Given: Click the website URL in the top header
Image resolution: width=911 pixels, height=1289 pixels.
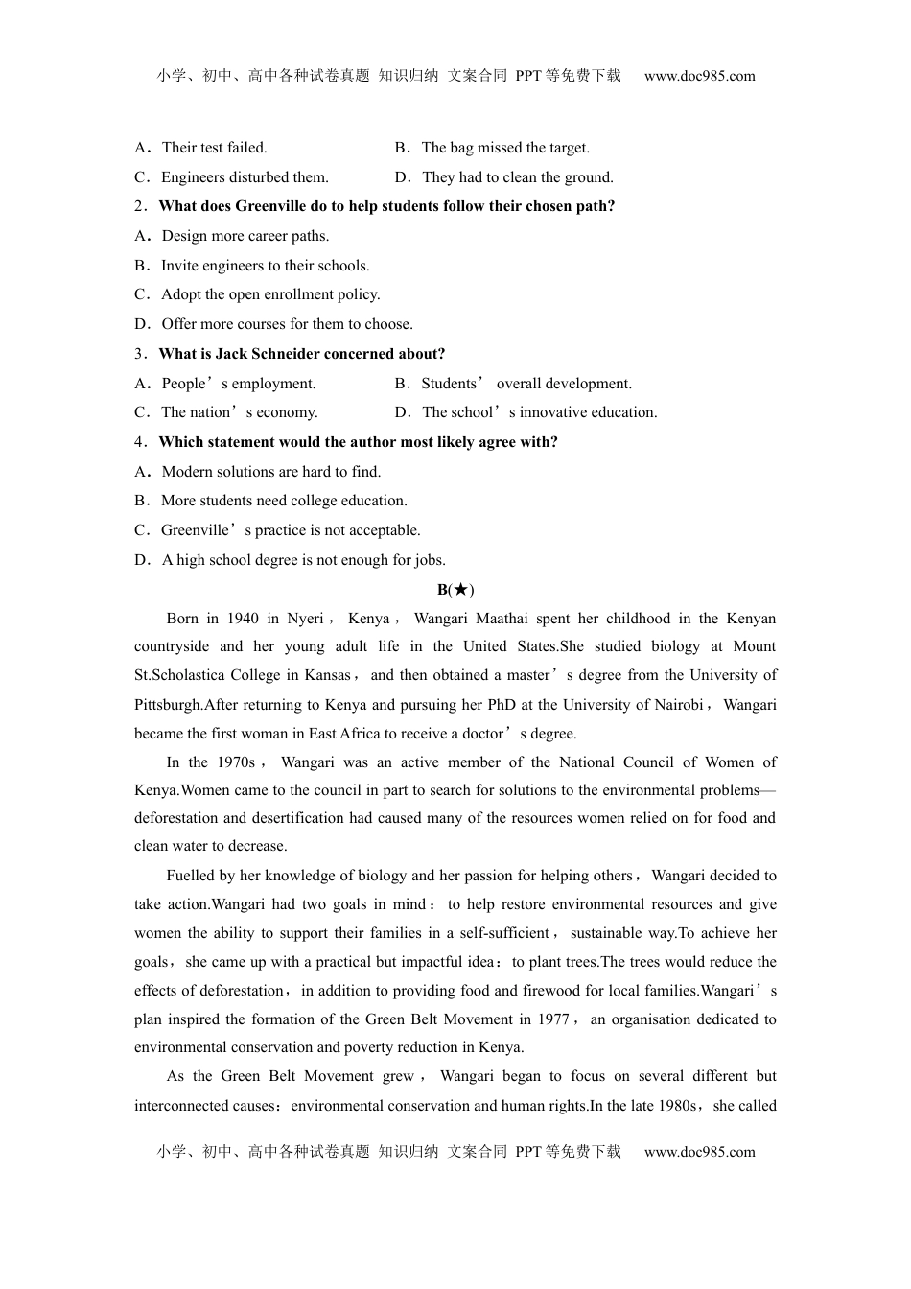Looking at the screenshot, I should click(x=699, y=76).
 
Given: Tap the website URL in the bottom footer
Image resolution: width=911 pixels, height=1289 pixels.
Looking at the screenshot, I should click(x=699, y=1152).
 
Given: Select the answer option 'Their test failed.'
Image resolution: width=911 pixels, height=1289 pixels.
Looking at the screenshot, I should click(x=214, y=148).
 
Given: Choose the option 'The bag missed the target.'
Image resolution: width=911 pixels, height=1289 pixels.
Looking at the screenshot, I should click(x=505, y=148).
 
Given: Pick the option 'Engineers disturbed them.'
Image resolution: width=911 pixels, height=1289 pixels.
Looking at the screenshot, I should click(x=245, y=177).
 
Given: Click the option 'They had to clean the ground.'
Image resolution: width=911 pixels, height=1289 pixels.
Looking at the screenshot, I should click(x=517, y=177).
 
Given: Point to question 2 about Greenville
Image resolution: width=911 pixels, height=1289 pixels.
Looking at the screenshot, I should click(x=385, y=206).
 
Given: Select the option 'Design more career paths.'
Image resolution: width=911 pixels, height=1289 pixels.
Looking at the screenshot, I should click(x=245, y=236).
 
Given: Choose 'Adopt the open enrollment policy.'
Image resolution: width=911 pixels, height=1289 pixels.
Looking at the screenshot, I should click(x=270, y=294).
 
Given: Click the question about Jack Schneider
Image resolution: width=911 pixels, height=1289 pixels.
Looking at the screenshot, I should click(x=301, y=354).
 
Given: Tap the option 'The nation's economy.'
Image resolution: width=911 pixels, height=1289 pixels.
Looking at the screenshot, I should click(x=239, y=412).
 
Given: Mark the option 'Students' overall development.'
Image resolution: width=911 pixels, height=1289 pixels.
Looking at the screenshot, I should click(x=526, y=384).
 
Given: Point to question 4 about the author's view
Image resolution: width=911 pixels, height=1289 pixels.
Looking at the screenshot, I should click(x=358, y=442).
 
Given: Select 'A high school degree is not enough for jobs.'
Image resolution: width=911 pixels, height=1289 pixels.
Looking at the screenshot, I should click(x=303, y=560).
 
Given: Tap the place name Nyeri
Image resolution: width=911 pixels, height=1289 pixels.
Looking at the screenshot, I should click(x=305, y=619).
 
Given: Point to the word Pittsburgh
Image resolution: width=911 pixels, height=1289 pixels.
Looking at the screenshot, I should click(x=168, y=705).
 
